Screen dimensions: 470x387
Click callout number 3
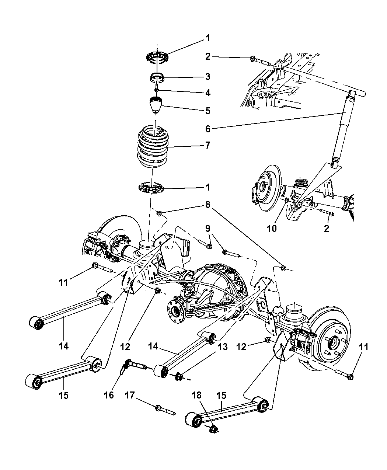(x=208, y=77)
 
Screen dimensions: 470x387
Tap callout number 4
(x=208, y=93)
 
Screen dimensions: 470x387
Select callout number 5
(x=208, y=110)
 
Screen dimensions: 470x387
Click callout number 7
(x=208, y=145)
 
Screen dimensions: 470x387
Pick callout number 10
(x=272, y=229)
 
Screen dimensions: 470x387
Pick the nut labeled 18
(x=213, y=428)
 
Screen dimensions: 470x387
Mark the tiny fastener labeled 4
(x=157, y=90)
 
